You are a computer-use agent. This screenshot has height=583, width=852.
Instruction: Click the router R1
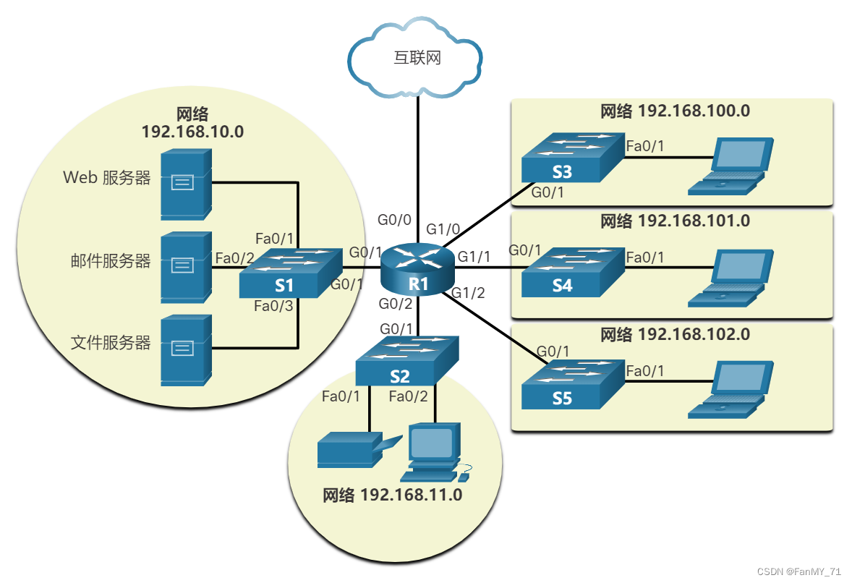419,268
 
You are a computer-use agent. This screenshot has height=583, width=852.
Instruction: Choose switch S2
406,362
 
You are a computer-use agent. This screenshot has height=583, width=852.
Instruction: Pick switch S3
571,158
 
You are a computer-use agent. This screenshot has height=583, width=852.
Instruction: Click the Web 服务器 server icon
186,184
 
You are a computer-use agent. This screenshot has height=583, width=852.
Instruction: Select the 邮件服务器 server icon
186,267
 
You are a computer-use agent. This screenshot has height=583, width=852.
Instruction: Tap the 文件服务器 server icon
186,350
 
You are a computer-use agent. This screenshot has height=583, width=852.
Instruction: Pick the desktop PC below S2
433,453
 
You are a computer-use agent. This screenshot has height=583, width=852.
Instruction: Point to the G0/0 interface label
394,219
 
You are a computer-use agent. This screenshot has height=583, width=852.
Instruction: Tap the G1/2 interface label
468,293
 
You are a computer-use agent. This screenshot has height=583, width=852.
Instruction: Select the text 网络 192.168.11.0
392,495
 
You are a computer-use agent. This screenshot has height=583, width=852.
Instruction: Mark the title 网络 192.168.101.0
675,221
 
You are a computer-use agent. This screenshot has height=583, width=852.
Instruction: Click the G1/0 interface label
443,229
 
